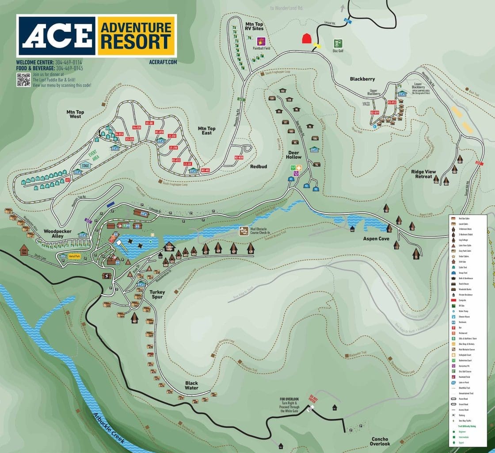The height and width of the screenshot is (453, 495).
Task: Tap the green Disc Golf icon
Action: [338, 43]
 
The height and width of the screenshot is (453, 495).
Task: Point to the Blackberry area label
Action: [362, 79]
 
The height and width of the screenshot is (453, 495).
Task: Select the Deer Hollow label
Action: [293, 154]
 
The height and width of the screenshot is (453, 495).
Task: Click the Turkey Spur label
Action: [157, 295]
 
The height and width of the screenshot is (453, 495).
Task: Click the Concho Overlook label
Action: [380, 441]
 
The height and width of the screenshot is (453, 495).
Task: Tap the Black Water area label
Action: [192, 385]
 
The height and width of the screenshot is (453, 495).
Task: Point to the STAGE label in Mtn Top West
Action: [85, 165]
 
